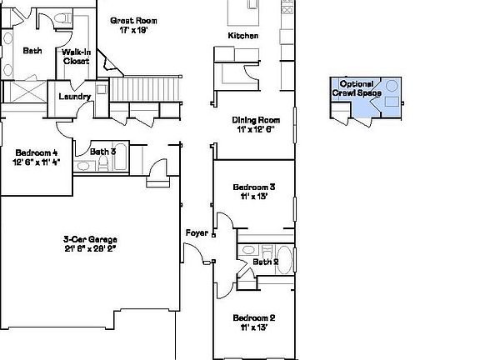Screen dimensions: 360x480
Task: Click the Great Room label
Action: (133, 20)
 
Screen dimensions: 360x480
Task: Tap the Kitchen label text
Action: (243, 36)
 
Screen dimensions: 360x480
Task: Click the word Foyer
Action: (196, 232)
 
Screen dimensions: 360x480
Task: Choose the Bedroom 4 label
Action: (36, 152)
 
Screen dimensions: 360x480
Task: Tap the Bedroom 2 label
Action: (254, 318)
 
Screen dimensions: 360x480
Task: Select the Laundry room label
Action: (74, 97)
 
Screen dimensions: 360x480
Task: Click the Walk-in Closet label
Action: (75, 56)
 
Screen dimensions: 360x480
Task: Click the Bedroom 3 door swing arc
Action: (223, 221)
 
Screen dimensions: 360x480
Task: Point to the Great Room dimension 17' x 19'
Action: (133, 30)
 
